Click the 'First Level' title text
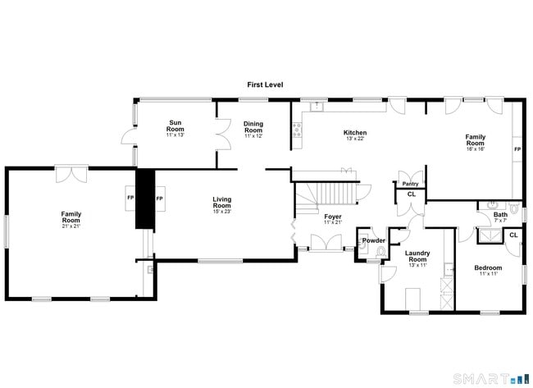(266, 84)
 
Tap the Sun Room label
(175, 126)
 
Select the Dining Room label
(253, 127)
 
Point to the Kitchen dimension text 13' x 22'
(355, 139)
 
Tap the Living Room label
(221, 203)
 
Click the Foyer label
(332, 217)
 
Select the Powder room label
(374, 240)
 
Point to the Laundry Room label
(417, 256)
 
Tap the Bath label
(500, 215)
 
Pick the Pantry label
(410, 184)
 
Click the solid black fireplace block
(145, 199)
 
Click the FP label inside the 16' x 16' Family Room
(517, 150)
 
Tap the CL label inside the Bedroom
(512, 235)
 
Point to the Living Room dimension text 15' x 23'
(221, 212)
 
